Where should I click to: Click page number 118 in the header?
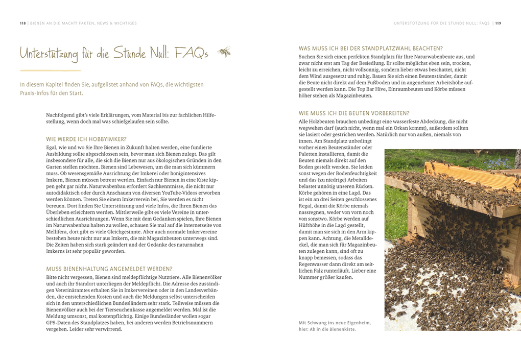click(x=22, y=23)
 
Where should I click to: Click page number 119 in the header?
click(x=498, y=23)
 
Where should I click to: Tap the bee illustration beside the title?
click(x=224, y=52)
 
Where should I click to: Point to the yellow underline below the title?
click(x=50, y=70)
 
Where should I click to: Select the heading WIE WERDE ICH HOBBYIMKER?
click(x=86, y=139)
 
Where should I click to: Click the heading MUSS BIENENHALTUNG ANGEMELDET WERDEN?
click(x=109, y=269)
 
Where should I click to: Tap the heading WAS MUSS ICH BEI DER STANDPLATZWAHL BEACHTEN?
click(x=371, y=49)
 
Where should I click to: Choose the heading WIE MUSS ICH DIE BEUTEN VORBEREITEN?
click(x=354, y=113)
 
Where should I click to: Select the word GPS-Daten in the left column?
click(x=58, y=323)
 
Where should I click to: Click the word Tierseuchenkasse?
click(x=137, y=309)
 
